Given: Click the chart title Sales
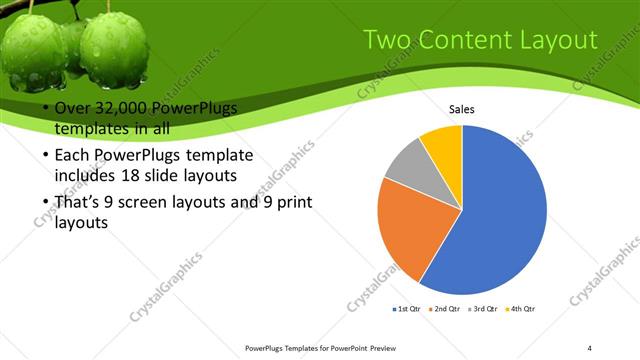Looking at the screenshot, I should (x=461, y=109).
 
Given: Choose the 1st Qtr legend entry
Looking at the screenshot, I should (x=409, y=309).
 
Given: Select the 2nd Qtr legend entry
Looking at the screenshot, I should (x=446, y=309).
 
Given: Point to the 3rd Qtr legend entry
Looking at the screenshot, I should (x=484, y=309).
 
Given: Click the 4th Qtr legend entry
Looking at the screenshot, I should (x=522, y=309).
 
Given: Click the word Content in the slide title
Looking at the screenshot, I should (x=460, y=41).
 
